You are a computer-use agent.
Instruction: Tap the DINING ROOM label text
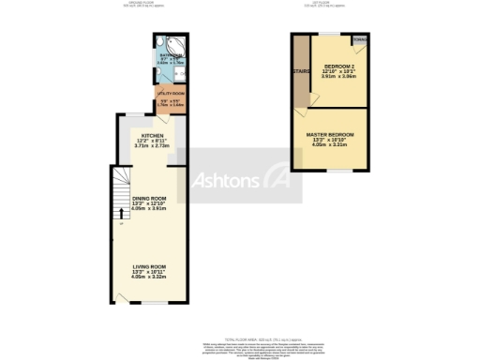click(150, 198)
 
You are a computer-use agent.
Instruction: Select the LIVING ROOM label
click(150, 266)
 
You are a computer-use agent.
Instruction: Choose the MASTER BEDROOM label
click(329, 135)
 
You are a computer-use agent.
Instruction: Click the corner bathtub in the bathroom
click(164, 47)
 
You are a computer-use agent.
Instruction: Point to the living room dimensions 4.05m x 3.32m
click(150, 277)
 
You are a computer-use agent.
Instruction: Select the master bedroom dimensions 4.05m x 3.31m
click(329, 146)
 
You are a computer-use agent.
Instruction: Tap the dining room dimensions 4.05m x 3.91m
click(150, 209)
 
